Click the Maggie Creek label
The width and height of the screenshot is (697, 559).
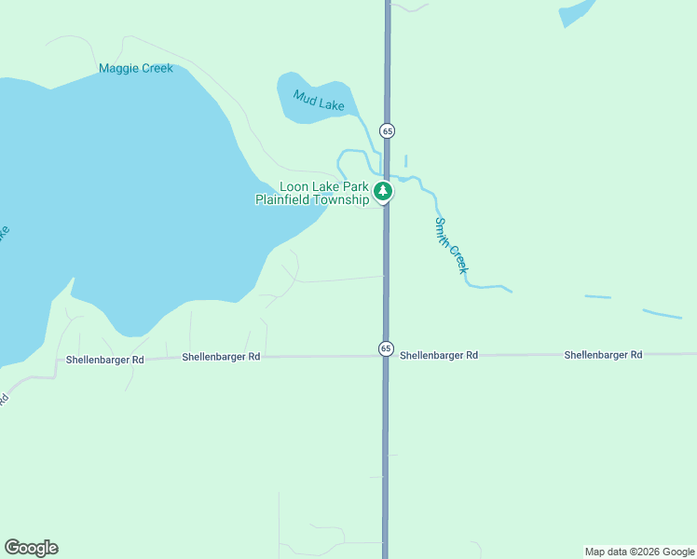(x=136, y=68)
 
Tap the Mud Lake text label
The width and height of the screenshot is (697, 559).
(x=319, y=100)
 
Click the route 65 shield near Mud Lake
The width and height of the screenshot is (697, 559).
(x=387, y=130)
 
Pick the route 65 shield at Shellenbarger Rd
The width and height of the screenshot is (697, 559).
(x=386, y=348)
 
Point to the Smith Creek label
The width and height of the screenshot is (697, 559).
(x=450, y=245)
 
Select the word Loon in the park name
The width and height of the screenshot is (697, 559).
(x=295, y=186)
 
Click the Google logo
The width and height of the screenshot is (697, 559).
(x=31, y=548)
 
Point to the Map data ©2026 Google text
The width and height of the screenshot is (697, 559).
(x=639, y=552)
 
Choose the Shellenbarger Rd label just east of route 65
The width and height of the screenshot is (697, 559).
(x=439, y=355)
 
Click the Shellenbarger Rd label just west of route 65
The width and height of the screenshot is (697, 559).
(x=221, y=356)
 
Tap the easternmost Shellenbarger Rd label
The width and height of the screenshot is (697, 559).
(x=603, y=355)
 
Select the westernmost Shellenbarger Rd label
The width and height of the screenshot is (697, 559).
(x=105, y=360)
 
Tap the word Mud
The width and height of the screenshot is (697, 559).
(x=305, y=95)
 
